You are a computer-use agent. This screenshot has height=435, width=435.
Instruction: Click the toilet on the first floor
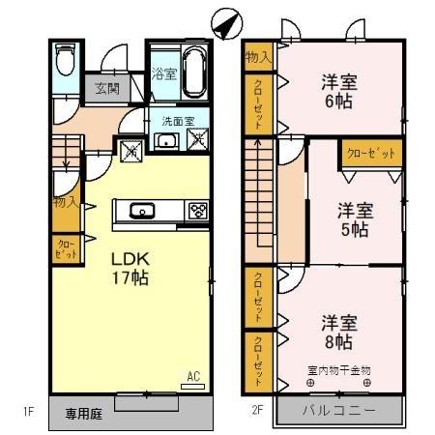pos(65,64)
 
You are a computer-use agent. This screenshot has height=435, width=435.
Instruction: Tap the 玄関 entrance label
pos(106,89)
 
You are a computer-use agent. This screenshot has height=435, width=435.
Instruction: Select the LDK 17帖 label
pos(130,268)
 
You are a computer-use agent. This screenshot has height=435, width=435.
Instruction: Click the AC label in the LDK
pos(191,377)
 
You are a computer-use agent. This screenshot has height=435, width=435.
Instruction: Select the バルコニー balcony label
pos(336,410)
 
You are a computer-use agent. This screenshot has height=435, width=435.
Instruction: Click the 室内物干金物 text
pos(339,368)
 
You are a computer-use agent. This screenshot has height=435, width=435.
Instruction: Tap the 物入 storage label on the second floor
pos(258,59)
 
